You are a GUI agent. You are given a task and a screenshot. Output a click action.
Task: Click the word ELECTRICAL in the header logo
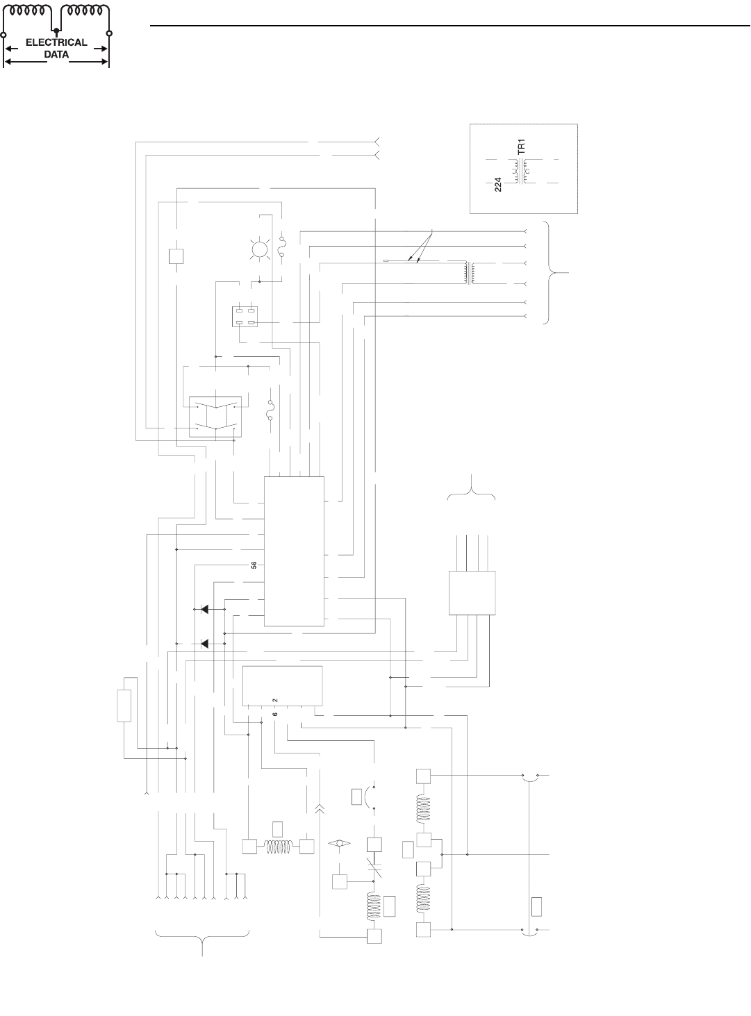(x=56, y=42)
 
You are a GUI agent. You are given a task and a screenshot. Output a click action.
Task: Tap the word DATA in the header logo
(x=56, y=53)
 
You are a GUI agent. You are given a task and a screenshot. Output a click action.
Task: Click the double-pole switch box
(x=215, y=414)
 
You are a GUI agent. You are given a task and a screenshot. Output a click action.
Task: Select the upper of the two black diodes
(x=204, y=610)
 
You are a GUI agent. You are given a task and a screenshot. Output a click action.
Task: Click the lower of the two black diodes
(x=204, y=644)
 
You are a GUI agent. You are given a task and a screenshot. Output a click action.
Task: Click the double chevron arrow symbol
(x=320, y=808)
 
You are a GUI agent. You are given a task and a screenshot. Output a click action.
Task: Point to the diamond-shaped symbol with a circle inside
(x=340, y=843)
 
